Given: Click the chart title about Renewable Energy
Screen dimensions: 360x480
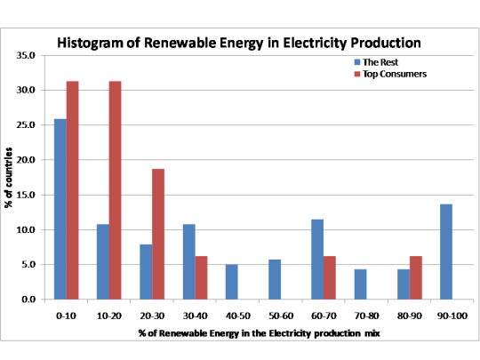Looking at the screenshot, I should pyautogui.click(x=239, y=42).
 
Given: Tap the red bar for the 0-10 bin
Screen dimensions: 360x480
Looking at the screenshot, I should pyautogui.click(x=72, y=190).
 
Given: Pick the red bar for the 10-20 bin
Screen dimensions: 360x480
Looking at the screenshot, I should pyautogui.click(x=115, y=190).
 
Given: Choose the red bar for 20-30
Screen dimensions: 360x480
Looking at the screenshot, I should pyautogui.click(x=157, y=234).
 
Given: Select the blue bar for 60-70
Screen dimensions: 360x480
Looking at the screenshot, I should pyautogui.click(x=318, y=260).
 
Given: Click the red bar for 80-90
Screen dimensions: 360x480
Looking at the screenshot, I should pyautogui.click(x=416, y=277).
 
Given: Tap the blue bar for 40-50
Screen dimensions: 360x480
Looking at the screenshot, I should pyautogui.click(x=231, y=282).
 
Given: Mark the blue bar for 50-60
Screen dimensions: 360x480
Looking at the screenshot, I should pyautogui.click(x=275, y=279).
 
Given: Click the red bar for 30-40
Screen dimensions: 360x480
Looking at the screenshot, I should pyautogui.click(x=201, y=277).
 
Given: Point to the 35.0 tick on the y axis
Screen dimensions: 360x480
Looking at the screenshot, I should pyautogui.click(x=27, y=55).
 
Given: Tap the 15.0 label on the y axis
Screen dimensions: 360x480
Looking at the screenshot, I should pyautogui.click(x=27, y=195).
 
